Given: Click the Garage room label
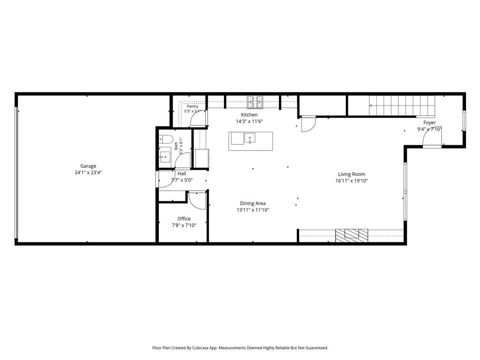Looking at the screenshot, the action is pos(88,166).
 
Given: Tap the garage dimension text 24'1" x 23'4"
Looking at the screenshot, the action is pos(88,172).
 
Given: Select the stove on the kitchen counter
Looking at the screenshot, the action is pos(255,102).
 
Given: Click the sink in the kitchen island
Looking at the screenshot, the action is pos(250,138).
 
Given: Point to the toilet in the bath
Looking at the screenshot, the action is pos(166,139).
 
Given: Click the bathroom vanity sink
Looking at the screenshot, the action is pos(165,155).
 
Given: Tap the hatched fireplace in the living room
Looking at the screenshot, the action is pos(352,235).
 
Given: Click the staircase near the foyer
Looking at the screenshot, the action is pos(402,105).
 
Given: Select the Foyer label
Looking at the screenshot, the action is pos(429,122).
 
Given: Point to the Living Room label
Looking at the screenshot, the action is pos(352,174).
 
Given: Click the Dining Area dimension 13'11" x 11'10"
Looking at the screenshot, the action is pos(253,210).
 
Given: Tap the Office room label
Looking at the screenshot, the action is pos(184,218).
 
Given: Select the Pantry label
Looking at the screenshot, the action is pos(193,106).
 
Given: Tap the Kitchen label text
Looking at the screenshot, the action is pos(249,115).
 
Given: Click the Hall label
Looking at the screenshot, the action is pos(182,173).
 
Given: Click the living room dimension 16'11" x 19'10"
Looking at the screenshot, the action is pos(352,180).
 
